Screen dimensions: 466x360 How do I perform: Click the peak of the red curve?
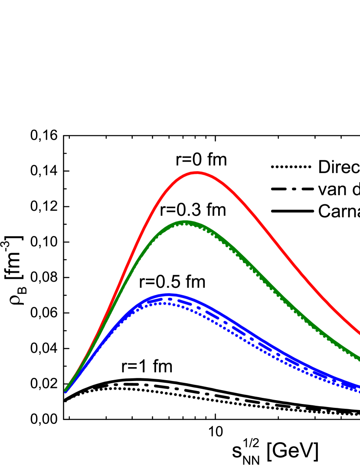[197, 173]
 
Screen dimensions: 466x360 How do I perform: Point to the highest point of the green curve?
[185, 222]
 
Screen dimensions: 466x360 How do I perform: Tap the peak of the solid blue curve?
[169, 295]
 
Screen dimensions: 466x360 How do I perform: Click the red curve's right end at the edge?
[359, 333]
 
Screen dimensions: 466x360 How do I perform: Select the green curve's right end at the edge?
[359, 359]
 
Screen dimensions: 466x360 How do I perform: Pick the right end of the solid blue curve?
[359, 385]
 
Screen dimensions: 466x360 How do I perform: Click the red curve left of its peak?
[143, 230]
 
